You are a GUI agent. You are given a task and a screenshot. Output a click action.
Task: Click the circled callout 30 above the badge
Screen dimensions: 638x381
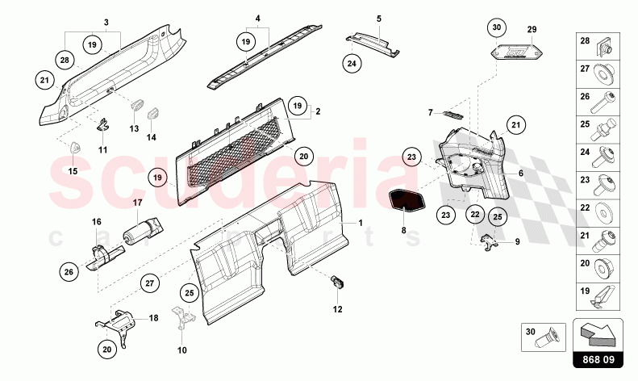[497, 28]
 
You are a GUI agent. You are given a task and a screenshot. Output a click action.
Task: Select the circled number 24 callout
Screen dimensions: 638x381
[352, 64]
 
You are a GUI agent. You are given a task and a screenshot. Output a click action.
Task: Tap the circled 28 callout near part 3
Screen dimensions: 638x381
[65, 61]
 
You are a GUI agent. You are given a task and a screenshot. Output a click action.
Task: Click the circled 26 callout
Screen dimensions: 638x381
[69, 271]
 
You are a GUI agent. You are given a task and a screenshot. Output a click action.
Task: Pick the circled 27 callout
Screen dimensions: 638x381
[150, 283]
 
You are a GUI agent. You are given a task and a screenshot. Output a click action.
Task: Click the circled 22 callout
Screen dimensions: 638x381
[475, 215]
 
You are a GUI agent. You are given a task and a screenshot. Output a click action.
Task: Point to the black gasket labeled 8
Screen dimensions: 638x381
[407, 201]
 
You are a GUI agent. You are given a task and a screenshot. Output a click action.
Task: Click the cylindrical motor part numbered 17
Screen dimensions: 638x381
[143, 231]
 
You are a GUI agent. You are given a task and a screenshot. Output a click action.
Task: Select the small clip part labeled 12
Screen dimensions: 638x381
[337, 281]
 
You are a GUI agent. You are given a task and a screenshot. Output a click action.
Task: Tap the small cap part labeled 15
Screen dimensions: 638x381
[74, 147]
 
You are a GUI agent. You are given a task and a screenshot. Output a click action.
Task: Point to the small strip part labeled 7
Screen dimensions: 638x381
[452, 115]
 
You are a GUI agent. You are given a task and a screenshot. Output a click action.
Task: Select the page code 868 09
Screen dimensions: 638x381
[598, 360]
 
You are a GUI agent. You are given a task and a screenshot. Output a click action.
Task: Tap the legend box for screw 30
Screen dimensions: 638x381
[543, 337]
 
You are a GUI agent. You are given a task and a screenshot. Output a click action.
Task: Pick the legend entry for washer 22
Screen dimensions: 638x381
[598, 213]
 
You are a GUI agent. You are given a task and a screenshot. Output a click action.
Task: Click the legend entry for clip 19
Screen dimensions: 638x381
[598, 297]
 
